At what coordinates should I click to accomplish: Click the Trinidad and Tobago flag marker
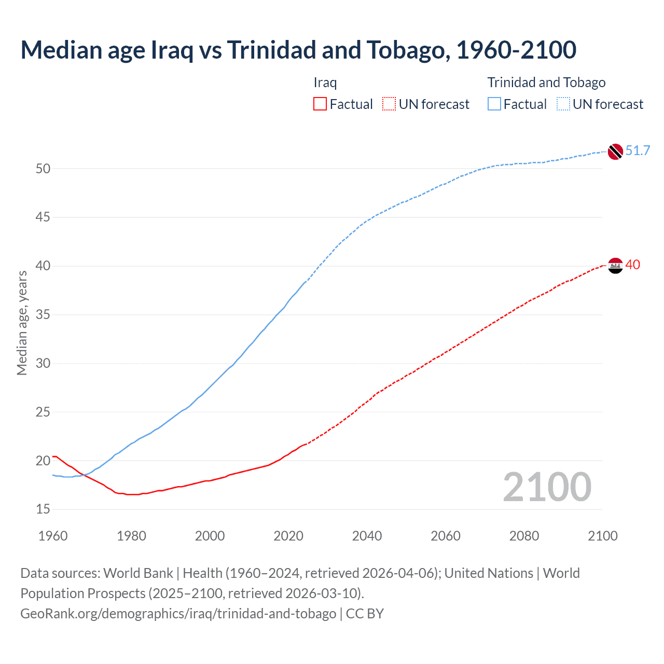pyautogui.click(x=615, y=151)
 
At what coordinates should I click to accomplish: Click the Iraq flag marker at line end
pyautogui.click(x=615, y=266)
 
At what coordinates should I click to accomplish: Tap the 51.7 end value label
pyautogui.click(x=638, y=151)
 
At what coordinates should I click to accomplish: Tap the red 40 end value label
pyautogui.click(x=632, y=265)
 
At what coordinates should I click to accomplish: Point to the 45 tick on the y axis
pyautogui.click(x=43, y=217)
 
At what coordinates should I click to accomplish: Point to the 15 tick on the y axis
pyautogui.click(x=43, y=509)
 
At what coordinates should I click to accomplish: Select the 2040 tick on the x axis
pyautogui.click(x=367, y=536)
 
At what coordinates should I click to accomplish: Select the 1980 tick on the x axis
pyautogui.click(x=131, y=536)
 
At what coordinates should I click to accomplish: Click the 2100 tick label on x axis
pyautogui.click(x=602, y=536)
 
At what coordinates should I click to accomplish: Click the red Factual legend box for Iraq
pyautogui.click(x=320, y=104)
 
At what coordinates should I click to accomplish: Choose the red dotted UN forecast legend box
pyautogui.click(x=389, y=104)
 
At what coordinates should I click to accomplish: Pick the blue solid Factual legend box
pyautogui.click(x=494, y=104)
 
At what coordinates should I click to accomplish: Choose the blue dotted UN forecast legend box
pyautogui.click(x=563, y=104)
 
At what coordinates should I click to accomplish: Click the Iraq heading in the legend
pyautogui.click(x=325, y=82)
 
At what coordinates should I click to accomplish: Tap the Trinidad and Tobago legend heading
pyautogui.click(x=546, y=82)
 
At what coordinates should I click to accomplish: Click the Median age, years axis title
pyautogui.click(x=22, y=323)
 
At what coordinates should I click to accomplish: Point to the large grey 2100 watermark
pyautogui.click(x=547, y=487)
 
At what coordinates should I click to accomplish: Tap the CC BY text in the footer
pyautogui.click(x=365, y=614)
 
